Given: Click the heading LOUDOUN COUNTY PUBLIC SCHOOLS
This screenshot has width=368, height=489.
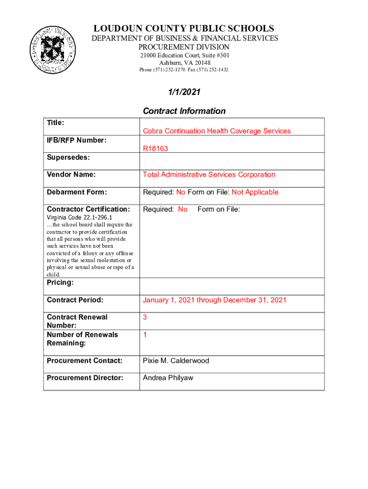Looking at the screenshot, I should (x=184, y=29).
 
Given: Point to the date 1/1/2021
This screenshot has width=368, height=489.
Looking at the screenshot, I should (x=184, y=92).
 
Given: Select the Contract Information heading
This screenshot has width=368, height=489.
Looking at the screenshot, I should (x=184, y=111).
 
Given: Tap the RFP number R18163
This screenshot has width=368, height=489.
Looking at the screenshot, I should (x=155, y=149).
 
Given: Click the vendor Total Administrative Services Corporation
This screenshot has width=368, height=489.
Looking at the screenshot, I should (x=209, y=174).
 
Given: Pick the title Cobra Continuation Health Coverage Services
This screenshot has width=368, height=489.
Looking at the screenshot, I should (x=216, y=131).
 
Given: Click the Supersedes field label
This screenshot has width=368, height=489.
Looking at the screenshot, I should (x=68, y=158).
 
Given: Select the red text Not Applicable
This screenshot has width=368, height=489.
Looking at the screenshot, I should (x=255, y=192).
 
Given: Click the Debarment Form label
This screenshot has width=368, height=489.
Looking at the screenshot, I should (x=76, y=192).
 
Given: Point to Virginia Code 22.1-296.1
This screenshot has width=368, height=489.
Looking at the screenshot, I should (x=79, y=217).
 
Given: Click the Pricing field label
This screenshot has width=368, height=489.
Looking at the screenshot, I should (x=60, y=283).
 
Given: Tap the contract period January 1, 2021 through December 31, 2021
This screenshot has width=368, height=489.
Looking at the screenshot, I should (x=215, y=300).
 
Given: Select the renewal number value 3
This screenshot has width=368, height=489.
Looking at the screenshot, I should (x=145, y=317).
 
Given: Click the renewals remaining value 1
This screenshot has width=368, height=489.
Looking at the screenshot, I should (x=145, y=335).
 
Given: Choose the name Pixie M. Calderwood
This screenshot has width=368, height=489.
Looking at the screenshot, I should (x=176, y=361).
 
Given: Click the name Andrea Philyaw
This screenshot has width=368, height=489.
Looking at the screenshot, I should (x=168, y=378).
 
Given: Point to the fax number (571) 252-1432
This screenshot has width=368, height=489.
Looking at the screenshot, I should (x=214, y=70).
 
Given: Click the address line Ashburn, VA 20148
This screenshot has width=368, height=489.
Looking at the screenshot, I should (x=184, y=63).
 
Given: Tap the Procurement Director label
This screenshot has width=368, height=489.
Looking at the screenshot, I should (x=85, y=378).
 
